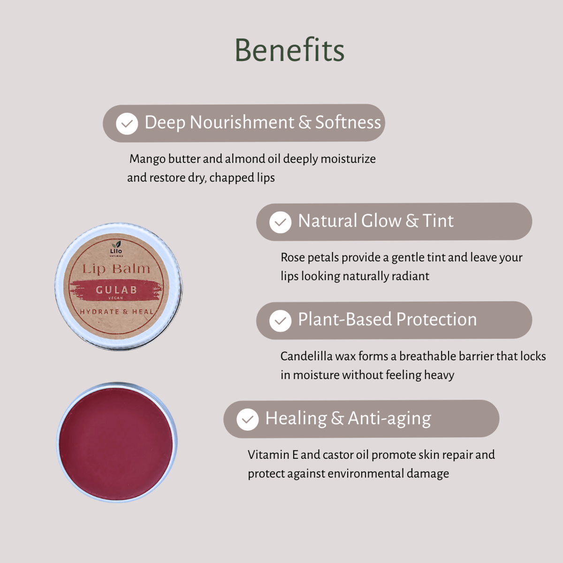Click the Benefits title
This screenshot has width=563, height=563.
click(x=289, y=50)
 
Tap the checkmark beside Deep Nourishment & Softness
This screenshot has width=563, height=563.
click(x=127, y=123)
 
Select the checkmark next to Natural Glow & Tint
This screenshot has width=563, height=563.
click(x=280, y=222)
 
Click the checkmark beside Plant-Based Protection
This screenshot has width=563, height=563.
click(x=280, y=321)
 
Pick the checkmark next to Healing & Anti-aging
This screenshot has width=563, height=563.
click(x=247, y=419)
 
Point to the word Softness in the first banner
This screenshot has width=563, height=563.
click(x=348, y=122)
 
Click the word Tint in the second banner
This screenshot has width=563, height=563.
click(x=438, y=221)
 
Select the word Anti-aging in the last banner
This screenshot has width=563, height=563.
click(x=389, y=418)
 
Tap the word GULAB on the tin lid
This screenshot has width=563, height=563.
click(x=116, y=290)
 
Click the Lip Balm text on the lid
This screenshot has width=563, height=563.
click(x=116, y=269)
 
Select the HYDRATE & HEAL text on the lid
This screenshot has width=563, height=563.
click(x=116, y=312)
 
